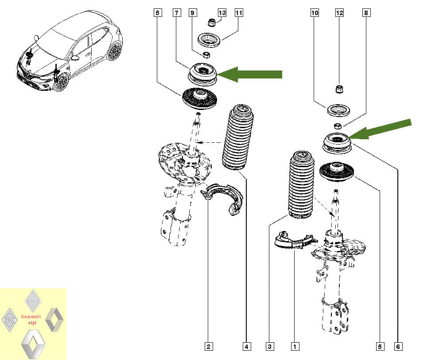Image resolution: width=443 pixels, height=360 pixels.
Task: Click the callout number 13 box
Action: [222, 13]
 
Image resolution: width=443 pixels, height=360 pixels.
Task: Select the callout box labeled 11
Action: [238, 13]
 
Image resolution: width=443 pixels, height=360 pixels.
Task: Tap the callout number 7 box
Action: [176, 13]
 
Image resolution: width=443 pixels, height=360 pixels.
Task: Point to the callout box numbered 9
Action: [193, 13]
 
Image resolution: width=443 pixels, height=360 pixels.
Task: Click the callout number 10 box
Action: [315, 13]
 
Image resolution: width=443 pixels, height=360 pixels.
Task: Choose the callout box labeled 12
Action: [339, 13]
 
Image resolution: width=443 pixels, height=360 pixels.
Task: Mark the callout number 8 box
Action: [366, 13]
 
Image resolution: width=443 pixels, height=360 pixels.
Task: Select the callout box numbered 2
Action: [208, 346]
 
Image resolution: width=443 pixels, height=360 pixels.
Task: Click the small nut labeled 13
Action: [212, 23]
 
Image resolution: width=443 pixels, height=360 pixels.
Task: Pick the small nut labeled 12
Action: [339, 90]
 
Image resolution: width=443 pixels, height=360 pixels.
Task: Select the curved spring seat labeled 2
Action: [223, 197]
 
